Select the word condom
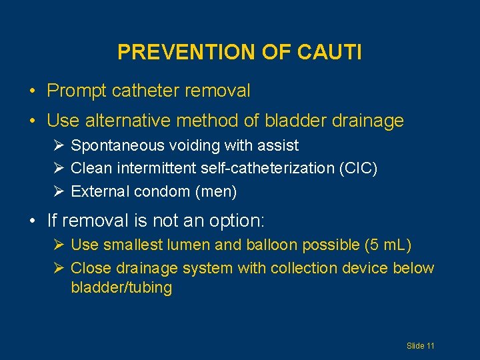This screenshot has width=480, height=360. (163, 192)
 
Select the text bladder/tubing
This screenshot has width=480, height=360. (121, 288)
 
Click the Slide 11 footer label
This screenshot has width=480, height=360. (421, 346)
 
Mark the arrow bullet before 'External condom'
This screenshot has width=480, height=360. (59, 192)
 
